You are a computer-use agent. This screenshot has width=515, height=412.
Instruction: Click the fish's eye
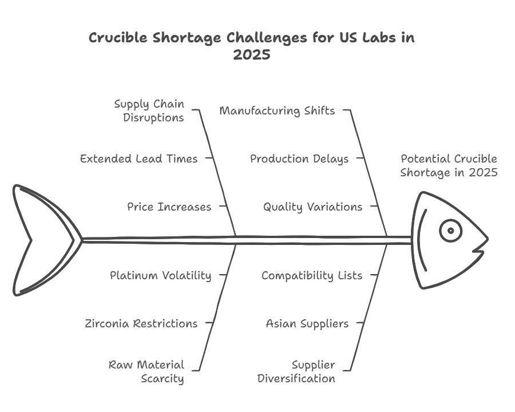450,231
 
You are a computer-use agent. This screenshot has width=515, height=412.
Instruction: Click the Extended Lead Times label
139,159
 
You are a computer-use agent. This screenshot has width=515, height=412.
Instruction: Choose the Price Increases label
169,207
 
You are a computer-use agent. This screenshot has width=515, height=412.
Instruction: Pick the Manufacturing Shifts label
277,110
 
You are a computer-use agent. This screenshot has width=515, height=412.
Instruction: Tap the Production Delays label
299,159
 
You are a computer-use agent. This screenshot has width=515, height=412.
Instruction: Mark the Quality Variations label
312,207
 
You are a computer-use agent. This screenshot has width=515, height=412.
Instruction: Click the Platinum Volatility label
160,275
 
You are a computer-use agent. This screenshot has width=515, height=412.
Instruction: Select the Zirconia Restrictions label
141,323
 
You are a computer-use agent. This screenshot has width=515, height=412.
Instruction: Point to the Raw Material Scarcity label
146,371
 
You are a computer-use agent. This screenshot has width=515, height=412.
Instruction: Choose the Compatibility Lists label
312,275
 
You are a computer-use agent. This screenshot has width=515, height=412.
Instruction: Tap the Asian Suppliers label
307,323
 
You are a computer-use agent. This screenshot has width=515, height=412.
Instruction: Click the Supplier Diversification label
296,371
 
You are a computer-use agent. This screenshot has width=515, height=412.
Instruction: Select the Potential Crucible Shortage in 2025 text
449,165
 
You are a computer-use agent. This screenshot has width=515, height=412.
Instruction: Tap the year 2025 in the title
252,56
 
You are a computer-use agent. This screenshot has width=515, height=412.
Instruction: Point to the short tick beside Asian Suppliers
360,323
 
